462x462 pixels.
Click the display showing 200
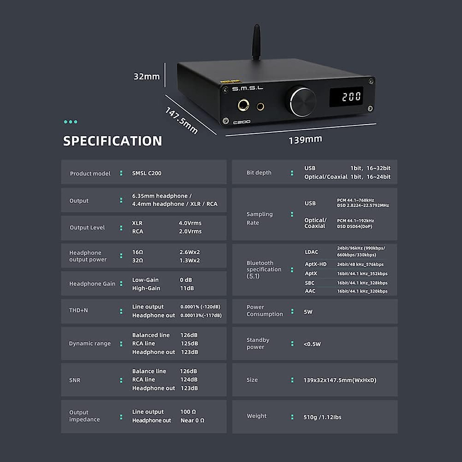tap(352, 97)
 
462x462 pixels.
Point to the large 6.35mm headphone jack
tap(243, 105)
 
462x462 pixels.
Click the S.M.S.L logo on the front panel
tap(247, 89)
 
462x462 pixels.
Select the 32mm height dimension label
tap(147, 77)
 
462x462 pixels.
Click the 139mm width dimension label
tap(305, 139)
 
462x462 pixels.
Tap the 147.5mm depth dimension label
tap(181, 121)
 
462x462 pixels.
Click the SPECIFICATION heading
tap(112, 141)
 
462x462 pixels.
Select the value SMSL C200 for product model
tap(147, 173)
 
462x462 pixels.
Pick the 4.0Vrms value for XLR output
tap(190, 223)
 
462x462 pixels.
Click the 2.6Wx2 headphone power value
tap(189, 252)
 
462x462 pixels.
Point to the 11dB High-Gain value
tap(187, 288)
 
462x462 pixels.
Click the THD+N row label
tap(79, 310)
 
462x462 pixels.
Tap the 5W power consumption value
tap(308, 312)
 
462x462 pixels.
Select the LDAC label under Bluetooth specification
tap(311, 252)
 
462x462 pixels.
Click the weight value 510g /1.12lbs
tap(322, 417)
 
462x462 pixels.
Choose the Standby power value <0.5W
tap(312, 344)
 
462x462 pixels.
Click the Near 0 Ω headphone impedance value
tap(192, 420)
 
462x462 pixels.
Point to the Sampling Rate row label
tap(259, 218)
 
